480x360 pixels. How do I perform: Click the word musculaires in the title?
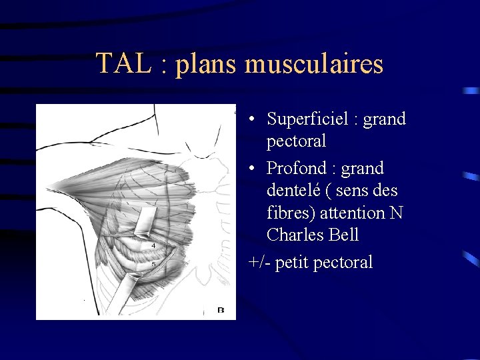point(314,64)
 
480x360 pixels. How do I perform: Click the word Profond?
point(297,168)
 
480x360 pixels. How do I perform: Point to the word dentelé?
point(294,191)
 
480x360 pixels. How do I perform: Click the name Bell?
point(343,235)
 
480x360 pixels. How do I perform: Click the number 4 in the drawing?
point(153,246)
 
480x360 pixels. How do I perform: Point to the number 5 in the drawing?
point(153,265)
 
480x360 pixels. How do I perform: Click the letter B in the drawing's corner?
point(221,309)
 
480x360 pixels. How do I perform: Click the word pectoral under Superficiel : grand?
point(296,141)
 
